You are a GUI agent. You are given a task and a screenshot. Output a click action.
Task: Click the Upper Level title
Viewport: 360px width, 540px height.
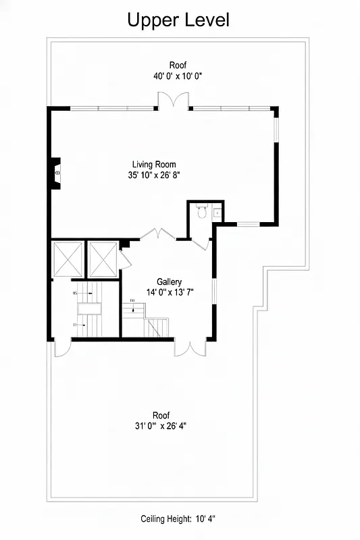tap(179, 20)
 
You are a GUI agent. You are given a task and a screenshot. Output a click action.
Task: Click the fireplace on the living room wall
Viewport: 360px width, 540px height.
tap(57, 173)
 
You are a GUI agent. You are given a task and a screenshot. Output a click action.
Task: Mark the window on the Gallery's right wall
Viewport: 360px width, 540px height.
tap(213, 295)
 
